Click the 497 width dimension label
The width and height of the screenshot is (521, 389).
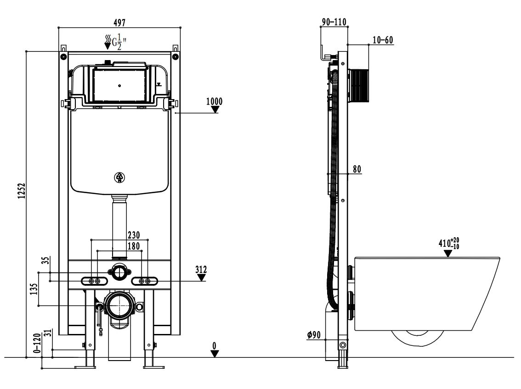119,22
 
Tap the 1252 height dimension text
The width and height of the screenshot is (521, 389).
22,191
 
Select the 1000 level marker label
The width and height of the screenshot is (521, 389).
214,101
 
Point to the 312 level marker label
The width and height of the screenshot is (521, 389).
201,269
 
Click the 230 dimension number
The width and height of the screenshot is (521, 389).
134,235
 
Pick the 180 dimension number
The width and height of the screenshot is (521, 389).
134,246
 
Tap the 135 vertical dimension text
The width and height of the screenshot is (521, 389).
34,289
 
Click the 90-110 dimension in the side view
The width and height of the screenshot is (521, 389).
334,22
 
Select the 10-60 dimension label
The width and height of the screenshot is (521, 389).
383,40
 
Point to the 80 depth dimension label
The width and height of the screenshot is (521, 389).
357,169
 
